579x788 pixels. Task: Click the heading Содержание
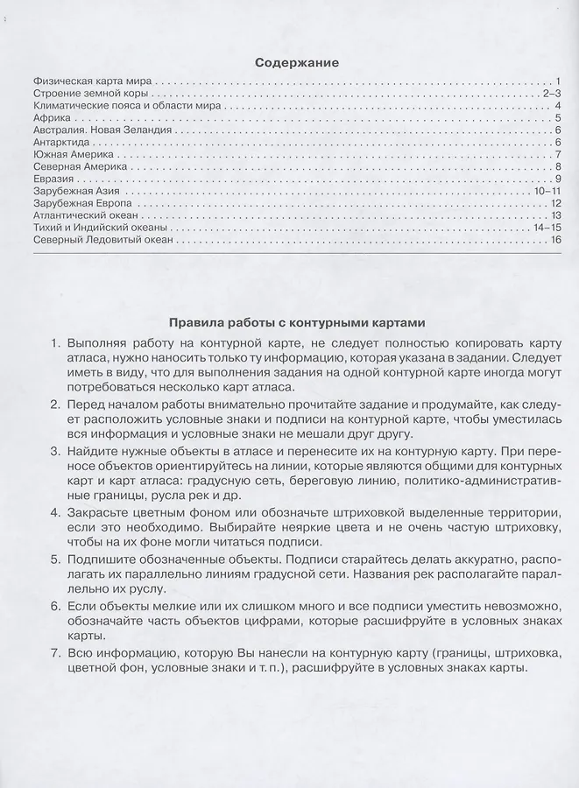click(296, 62)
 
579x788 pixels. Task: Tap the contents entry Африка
click(46, 117)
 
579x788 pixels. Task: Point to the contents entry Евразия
click(49, 179)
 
